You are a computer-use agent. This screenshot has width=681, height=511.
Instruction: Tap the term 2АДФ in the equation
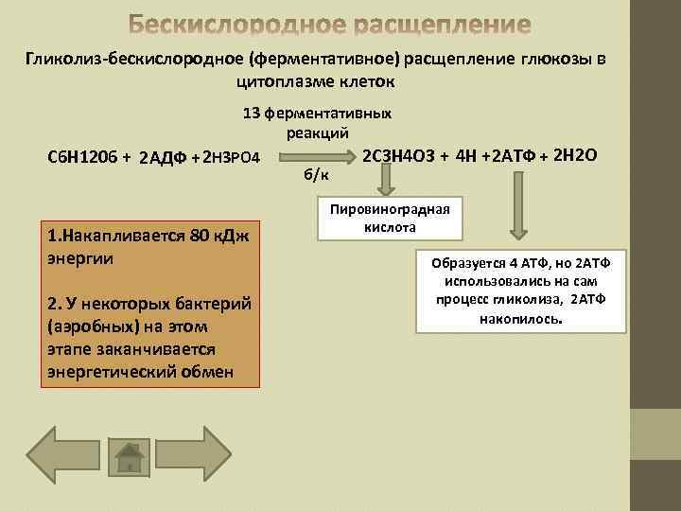(x=166, y=157)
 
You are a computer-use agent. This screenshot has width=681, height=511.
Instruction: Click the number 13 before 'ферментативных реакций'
(x=252, y=114)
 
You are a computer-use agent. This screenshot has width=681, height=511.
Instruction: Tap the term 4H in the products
(x=466, y=155)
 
